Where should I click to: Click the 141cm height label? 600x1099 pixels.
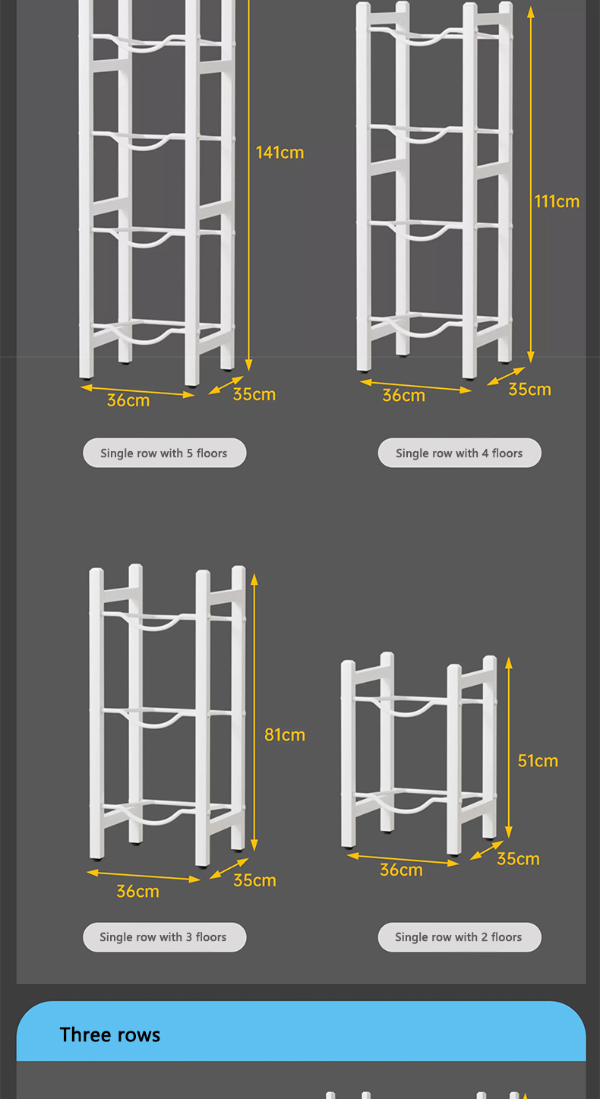click(x=279, y=153)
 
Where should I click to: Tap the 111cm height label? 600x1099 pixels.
click(x=557, y=201)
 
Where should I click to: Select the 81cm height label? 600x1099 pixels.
click(x=285, y=734)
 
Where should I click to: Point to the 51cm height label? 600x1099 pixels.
click(x=538, y=760)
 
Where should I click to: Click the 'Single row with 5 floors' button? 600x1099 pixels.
click(x=164, y=453)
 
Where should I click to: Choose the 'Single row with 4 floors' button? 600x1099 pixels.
click(x=459, y=453)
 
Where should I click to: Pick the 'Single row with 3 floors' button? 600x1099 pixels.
click(x=164, y=937)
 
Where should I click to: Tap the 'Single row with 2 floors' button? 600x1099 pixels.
click(x=459, y=937)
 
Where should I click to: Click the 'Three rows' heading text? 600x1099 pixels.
click(x=110, y=1034)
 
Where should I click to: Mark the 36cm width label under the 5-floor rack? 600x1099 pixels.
click(x=128, y=400)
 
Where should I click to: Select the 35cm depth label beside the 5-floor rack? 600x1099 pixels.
click(x=254, y=394)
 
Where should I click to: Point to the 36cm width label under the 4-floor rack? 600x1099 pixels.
click(x=403, y=396)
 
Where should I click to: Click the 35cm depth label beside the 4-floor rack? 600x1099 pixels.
click(x=529, y=389)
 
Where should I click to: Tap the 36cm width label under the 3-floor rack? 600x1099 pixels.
click(x=137, y=891)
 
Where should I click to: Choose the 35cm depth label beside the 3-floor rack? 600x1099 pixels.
click(x=254, y=880)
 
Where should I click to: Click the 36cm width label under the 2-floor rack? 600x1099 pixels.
click(x=401, y=870)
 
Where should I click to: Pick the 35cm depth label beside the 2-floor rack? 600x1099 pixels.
click(x=518, y=858)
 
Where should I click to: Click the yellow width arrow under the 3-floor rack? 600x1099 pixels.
click(x=144, y=876)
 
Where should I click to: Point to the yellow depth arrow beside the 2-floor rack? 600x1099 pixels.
click(x=487, y=850)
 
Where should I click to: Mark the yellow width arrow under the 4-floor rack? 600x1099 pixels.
click(x=415, y=385)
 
